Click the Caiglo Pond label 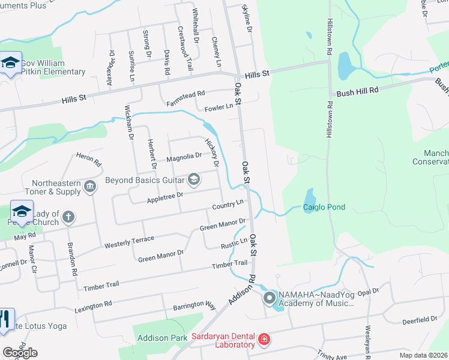(324, 208)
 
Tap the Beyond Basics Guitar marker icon (194, 179)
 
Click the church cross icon (68, 216)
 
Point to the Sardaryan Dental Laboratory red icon (263, 341)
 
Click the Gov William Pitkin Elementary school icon (11, 63)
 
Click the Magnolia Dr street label (184, 157)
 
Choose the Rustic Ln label (234, 244)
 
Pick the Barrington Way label (193, 304)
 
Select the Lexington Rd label (93, 308)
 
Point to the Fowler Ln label (218, 107)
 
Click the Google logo (19, 352)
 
